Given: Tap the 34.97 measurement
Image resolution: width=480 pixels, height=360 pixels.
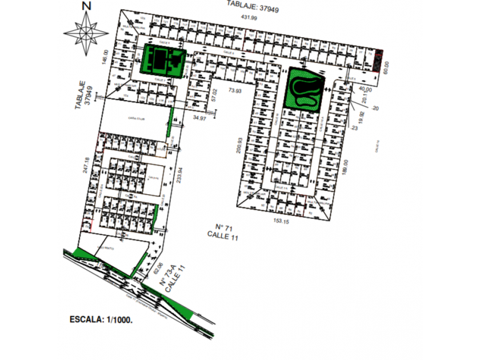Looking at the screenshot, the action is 199,118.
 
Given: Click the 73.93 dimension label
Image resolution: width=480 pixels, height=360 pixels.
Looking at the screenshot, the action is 235,91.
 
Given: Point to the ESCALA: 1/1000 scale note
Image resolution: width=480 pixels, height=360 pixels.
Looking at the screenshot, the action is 101,320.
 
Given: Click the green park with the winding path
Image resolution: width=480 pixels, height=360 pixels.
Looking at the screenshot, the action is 304,89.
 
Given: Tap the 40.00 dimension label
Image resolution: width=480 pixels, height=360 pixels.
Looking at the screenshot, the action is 365,89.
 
